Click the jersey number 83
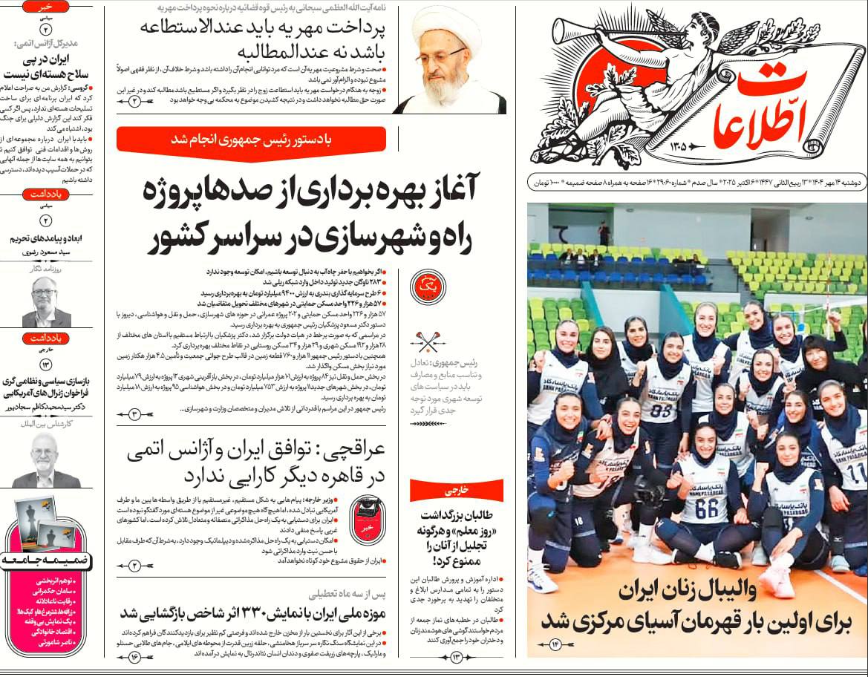[x=661, y=411]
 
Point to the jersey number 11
[x=856, y=471]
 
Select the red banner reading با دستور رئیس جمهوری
[x=251, y=140]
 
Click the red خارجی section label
[x=456, y=490]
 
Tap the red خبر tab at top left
[x=45, y=7]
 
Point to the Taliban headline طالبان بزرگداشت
[x=457, y=538]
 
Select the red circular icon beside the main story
[x=428, y=287]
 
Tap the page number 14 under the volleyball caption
[x=555, y=644]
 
